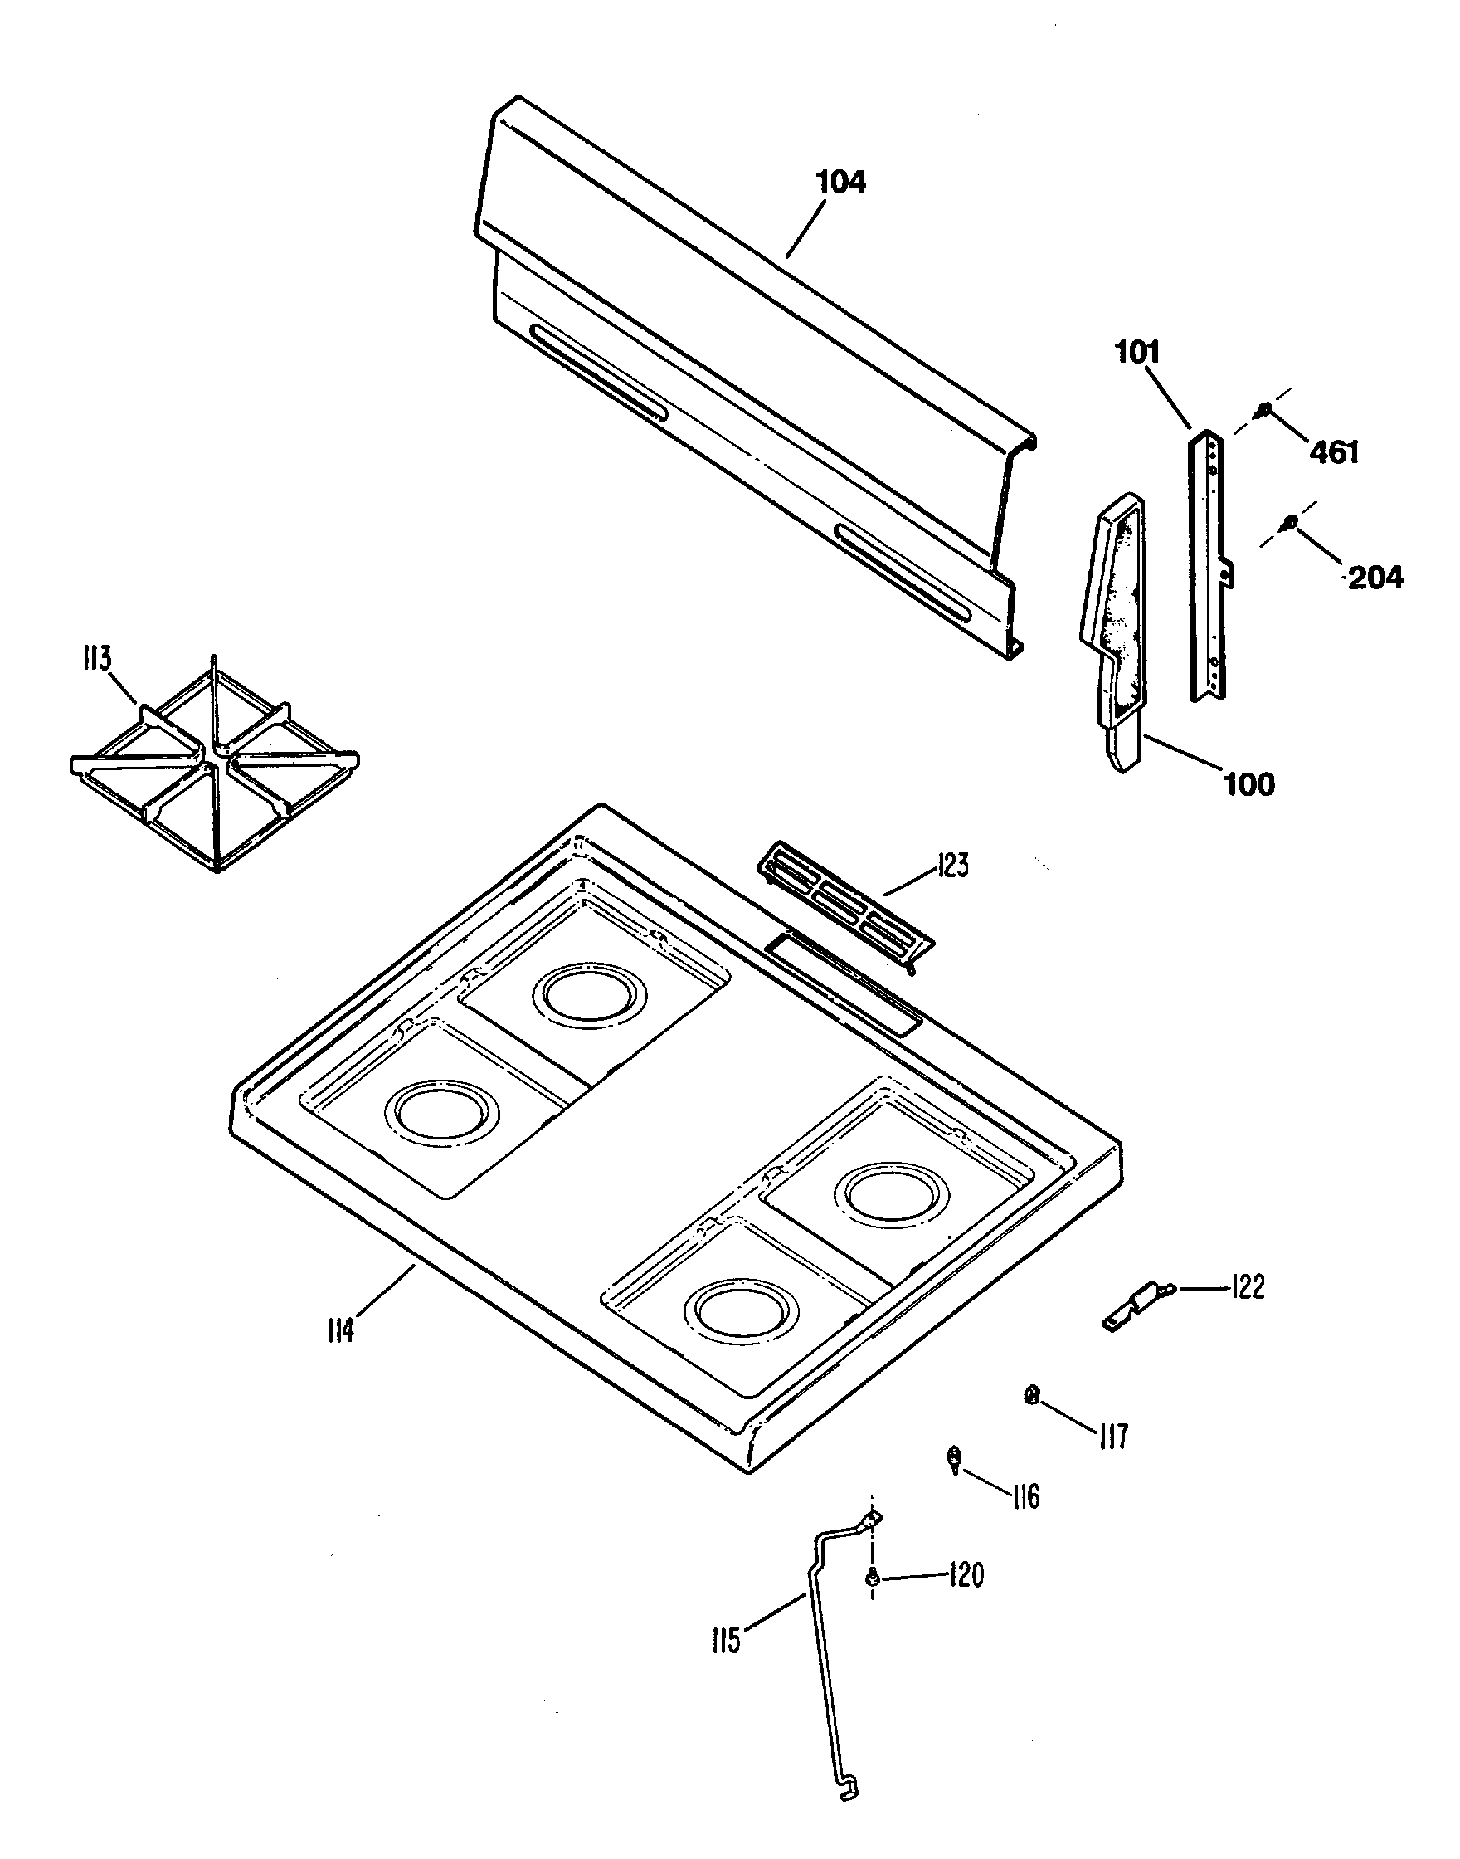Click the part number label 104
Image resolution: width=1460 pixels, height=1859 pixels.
coord(841,182)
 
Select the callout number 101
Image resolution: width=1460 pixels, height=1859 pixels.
coord(1136,353)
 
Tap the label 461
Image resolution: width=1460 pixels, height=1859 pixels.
coord(1335,451)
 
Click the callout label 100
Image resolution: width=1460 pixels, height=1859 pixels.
coord(1250,784)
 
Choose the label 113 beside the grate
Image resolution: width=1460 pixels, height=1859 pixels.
coord(96,658)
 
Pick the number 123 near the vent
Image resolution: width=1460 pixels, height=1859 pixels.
coord(952,866)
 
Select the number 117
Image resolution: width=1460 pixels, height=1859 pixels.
coord(1113,1437)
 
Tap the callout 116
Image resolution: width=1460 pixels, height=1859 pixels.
coord(1025,1496)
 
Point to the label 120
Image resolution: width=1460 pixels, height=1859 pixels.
coord(966,1574)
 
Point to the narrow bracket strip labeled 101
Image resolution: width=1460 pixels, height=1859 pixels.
coord(1209,564)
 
